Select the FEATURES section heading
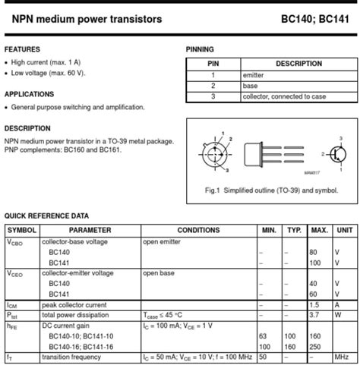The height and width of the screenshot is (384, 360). [x=22, y=49]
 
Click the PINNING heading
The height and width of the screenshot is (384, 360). [x=200, y=49]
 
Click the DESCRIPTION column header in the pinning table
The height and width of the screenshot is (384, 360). [x=298, y=65]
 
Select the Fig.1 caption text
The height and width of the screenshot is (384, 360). [x=272, y=190]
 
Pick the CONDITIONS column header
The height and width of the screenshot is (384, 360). [x=198, y=230]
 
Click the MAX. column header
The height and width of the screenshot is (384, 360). [x=319, y=230]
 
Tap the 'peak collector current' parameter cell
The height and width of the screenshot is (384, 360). [x=74, y=304]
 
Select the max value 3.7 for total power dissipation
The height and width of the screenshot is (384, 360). [x=314, y=313]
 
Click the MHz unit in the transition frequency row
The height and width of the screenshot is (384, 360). [x=343, y=356]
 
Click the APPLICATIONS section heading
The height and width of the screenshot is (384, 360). [x=29, y=94]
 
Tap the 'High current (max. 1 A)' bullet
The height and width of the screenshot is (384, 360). [x=46, y=62]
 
